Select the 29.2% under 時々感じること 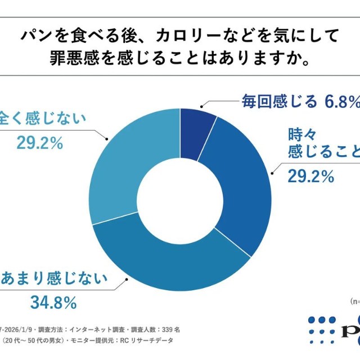pyautogui.click(x=311, y=177)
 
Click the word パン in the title pyautogui.click(x=34, y=36)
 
